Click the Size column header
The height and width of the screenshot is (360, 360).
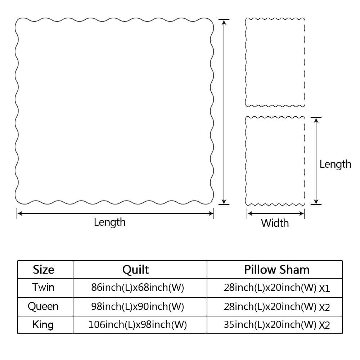44,270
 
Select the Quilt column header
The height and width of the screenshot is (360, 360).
135,270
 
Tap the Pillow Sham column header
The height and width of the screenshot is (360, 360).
276,270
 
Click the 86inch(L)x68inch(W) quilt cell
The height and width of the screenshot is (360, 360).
138,288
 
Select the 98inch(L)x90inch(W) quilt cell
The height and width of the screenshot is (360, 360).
138,306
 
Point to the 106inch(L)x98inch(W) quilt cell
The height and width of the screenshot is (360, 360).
138,325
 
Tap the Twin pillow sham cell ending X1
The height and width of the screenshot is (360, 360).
277,288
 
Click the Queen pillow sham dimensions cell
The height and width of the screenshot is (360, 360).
277,307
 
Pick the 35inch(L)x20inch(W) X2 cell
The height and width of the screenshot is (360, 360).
277,325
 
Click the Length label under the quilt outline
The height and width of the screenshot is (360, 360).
110,222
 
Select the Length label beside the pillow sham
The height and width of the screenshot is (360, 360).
335,164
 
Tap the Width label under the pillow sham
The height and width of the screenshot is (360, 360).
275,223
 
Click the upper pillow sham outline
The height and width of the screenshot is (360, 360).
275,62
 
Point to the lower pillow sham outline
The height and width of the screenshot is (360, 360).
275,161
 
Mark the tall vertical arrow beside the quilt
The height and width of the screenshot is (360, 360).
224,112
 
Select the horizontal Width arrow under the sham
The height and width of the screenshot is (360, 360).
275,213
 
